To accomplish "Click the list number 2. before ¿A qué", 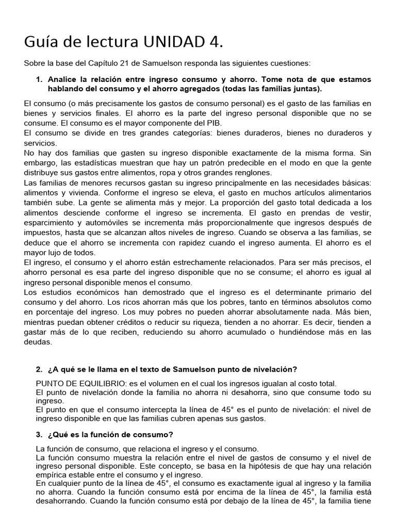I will coord(40,369).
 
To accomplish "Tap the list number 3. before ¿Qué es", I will coord(40,435).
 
